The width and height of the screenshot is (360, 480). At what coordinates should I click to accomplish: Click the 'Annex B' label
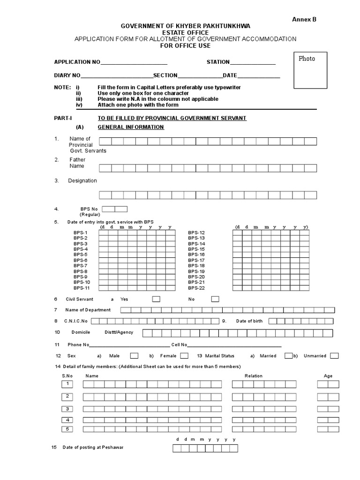[305, 19]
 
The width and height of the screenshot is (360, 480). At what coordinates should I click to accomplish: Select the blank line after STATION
[253, 62]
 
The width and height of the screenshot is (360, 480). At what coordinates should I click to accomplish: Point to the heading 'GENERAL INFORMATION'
[131, 127]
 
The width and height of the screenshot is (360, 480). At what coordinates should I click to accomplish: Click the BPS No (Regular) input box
[114, 209]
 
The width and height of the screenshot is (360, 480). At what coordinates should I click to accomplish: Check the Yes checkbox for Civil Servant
[156, 299]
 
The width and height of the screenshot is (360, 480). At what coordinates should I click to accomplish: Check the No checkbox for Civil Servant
[215, 299]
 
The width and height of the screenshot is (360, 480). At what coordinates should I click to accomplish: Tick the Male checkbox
[134, 355]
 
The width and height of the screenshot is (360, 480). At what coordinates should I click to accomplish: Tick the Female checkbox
[184, 355]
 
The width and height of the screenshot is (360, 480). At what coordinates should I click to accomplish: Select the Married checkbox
[289, 355]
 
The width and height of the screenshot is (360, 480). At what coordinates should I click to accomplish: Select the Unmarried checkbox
[334, 355]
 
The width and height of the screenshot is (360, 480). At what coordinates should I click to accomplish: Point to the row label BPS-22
[196, 288]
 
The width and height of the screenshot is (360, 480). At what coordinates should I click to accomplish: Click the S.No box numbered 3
[67, 408]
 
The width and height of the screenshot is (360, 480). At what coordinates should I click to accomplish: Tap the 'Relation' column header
[254, 375]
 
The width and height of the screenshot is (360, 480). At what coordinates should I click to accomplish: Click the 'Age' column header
[328, 375]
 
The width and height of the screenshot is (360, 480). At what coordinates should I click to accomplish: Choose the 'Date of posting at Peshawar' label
[94, 447]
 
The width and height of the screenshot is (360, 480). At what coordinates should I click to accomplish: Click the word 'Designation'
[82, 180]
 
